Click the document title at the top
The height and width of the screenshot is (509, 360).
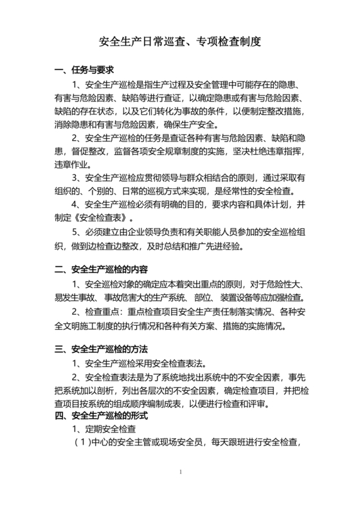click(179, 42)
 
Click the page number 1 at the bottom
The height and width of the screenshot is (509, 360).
click(181, 472)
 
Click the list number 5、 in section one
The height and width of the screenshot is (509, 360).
click(78, 231)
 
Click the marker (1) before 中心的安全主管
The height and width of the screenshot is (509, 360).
click(83, 442)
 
